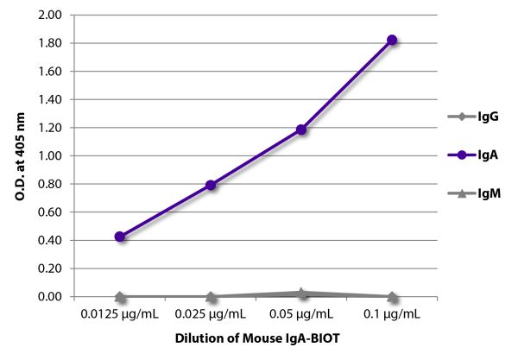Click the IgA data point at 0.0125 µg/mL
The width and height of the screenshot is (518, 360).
point(120,237)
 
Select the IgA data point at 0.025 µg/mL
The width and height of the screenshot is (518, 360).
point(211,185)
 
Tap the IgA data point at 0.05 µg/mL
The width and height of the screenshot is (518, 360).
point(301,129)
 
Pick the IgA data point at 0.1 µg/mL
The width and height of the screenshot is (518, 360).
point(392,40)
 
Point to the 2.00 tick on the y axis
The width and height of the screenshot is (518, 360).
point(50,16)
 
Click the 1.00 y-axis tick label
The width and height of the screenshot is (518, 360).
point(50,156)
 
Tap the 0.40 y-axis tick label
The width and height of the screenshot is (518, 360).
point(50,241)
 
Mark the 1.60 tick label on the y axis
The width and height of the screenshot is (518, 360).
point(50,72)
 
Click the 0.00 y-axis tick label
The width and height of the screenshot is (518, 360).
point(50,297)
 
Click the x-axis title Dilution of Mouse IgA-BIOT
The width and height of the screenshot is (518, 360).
point(256,339)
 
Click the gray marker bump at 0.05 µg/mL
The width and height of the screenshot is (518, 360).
point(301,294)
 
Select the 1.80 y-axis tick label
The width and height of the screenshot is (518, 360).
point(50,43)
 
